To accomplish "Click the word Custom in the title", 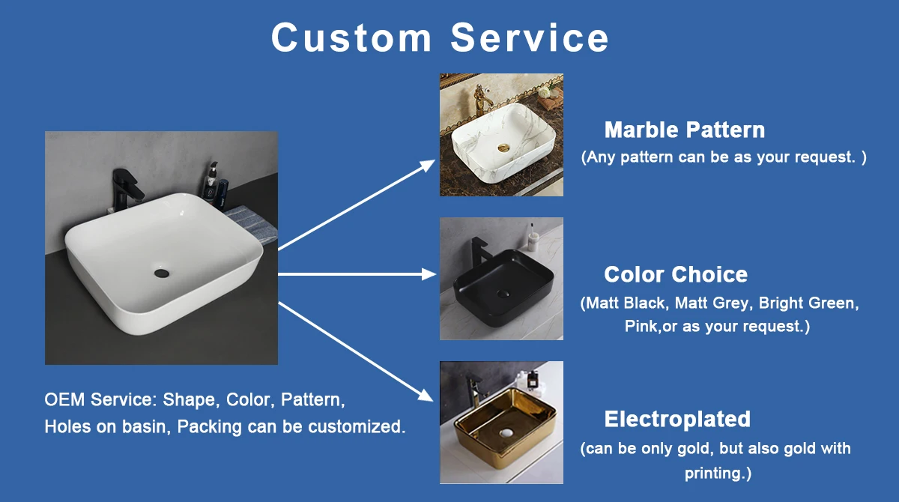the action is point(351,37).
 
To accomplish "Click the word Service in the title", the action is point(530,37).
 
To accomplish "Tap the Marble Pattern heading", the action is point(684,130).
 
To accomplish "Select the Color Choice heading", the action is point(676,274).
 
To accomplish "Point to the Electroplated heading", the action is point(677,419).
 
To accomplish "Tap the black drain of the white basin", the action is point(161,273).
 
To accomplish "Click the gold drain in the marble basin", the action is point(503,148).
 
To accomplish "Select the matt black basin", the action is point(503,286).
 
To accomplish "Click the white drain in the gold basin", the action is point(507,432).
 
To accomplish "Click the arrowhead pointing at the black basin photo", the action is point(429,274).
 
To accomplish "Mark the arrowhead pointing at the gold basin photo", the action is point(426,396).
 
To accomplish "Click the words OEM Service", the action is point(100,399).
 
